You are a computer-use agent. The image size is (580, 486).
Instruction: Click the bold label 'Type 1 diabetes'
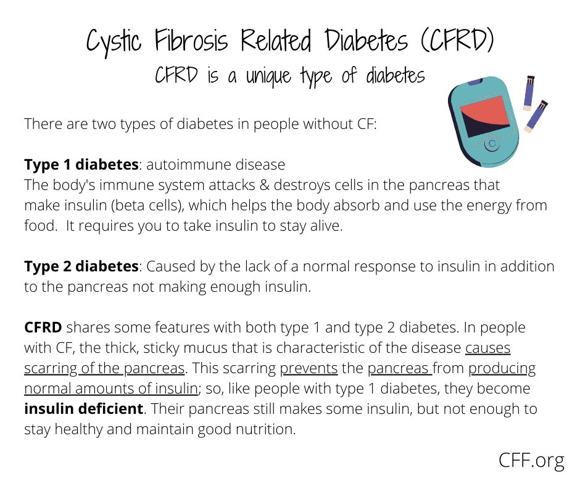[x=81, y=165]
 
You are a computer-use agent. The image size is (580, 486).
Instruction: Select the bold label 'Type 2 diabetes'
[x=81, y=266]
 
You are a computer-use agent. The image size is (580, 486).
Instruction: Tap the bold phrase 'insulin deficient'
[x=83, y=409]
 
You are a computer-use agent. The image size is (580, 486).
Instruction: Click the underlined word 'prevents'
[x=309, y=368]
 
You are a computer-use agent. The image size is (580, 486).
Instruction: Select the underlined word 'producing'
[x=502, y=368]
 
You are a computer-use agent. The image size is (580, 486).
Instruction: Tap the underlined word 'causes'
[x=487, y=348]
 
